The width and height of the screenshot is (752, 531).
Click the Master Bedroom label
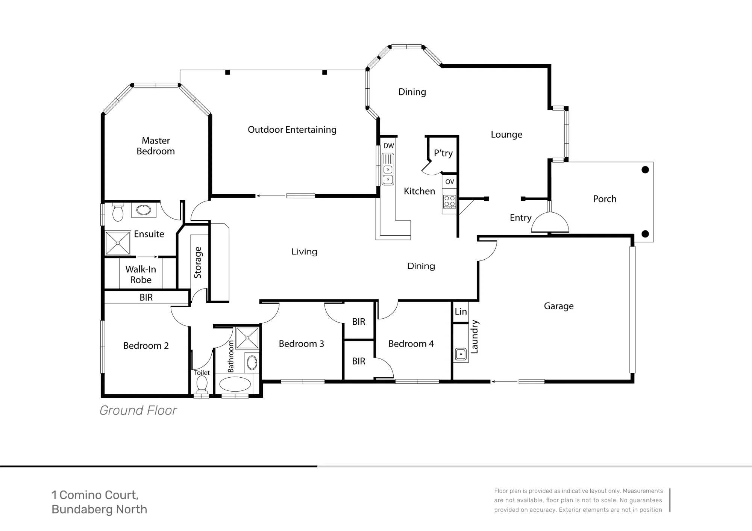click(156, 146)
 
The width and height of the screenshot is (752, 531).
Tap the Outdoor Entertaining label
click(292, 130)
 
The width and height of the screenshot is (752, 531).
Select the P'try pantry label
click(443, 153)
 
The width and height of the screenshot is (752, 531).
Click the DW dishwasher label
click(389, 146)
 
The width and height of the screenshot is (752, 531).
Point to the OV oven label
click(450, 182)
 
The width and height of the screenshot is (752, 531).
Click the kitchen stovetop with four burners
click(450, 201)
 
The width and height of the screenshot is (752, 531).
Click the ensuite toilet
click(118, 212)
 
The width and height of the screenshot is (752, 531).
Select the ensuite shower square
click(118, 243)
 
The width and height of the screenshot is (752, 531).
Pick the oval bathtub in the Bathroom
click(235, 384)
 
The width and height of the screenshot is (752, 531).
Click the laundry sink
click(461, 354)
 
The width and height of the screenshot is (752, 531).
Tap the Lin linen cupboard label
click(461, 312)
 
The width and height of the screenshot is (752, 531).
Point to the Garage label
click(559, 306)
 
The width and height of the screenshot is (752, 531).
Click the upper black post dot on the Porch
click(645, 170)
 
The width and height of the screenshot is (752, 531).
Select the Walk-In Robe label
click(141, 274)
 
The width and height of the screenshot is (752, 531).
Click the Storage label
click(198, 263)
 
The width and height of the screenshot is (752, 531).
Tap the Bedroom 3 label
click(301, 344)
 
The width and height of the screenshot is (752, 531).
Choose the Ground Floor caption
click(138, 411)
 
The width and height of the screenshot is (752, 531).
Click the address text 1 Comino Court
click(95, 495)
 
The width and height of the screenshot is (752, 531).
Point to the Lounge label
click(506, 135)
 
